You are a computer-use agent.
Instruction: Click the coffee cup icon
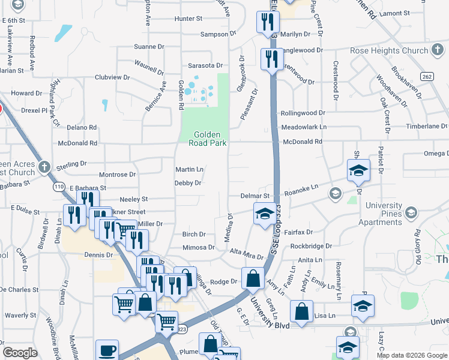point(107,350)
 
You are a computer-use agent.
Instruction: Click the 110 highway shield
point(59,187)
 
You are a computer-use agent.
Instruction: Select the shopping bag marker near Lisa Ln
point(301,311)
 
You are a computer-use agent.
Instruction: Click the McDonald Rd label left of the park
point(77,143)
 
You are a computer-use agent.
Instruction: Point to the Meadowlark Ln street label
point(304,127)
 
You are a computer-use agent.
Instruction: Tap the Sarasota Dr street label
point(205,65)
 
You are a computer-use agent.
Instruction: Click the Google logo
point(20,353)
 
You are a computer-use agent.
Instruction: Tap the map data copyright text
point(412,355)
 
